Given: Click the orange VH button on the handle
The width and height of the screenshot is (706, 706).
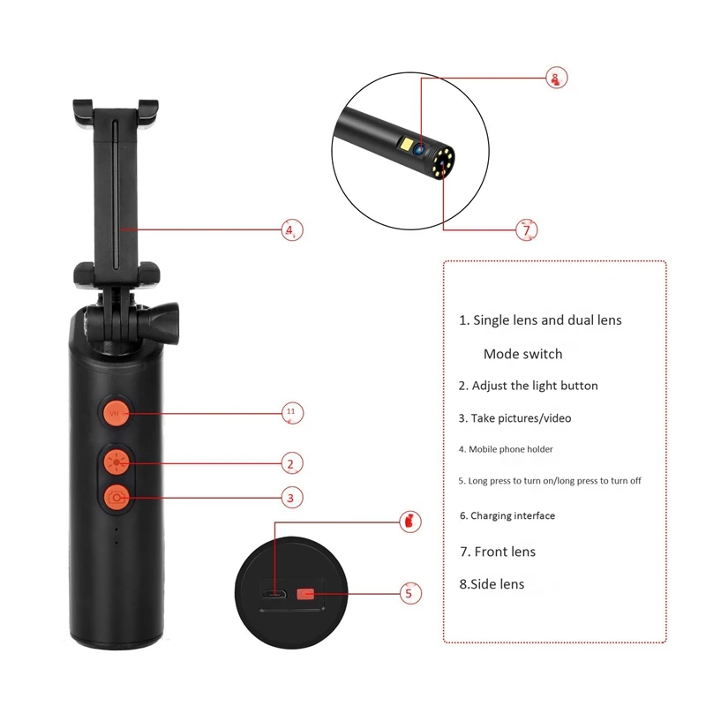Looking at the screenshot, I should [116, 412].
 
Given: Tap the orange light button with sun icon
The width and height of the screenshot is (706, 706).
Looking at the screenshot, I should [116, 461].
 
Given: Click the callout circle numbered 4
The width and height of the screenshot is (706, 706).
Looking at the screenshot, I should [292, 229].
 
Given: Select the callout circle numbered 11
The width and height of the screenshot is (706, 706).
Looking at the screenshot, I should [292, 412].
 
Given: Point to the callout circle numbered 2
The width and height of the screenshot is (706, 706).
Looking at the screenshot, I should [292, 462].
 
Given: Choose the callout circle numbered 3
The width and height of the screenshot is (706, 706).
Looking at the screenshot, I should [292, 498].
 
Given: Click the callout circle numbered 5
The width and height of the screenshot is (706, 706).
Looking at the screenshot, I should [407, 594].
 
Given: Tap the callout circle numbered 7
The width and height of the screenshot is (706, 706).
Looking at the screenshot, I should [526, 229].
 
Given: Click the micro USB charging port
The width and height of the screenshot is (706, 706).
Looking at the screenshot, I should [274, 594].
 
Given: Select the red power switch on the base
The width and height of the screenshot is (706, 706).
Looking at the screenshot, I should [305, 594].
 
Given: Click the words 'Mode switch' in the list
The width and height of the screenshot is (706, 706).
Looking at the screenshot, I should [522, 354].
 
